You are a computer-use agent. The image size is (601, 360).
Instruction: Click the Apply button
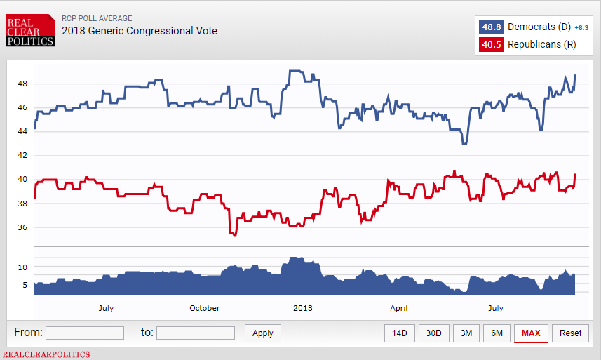point(263,333)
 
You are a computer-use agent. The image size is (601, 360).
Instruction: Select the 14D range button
point(400,333)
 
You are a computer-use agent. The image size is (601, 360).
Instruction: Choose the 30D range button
point(433,333)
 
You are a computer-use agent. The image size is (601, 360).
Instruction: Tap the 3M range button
point(467,333)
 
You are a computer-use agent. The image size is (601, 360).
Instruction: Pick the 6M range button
point(497,333)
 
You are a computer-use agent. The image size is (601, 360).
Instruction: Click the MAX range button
point(531,333)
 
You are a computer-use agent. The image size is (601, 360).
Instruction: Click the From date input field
point(85,333)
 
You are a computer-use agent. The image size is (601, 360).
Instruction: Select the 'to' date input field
point(196,333)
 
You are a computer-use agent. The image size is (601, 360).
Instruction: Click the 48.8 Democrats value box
point(490,27)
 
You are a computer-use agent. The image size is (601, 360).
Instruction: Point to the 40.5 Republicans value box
point(490,45)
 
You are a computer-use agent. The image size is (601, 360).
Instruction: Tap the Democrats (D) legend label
point(539,27)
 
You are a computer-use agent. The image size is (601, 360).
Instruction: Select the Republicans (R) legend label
point(541,45)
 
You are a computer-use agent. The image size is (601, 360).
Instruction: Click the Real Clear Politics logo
point(30,31)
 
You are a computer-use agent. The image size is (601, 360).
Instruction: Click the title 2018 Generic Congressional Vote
point(140,31)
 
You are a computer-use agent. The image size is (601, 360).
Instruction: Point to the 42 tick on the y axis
point(22,155)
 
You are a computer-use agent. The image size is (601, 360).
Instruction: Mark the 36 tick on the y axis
point(22,227)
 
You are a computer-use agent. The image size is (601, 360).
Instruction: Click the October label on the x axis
point(205,308)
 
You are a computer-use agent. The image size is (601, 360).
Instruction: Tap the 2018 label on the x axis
point(303,308)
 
